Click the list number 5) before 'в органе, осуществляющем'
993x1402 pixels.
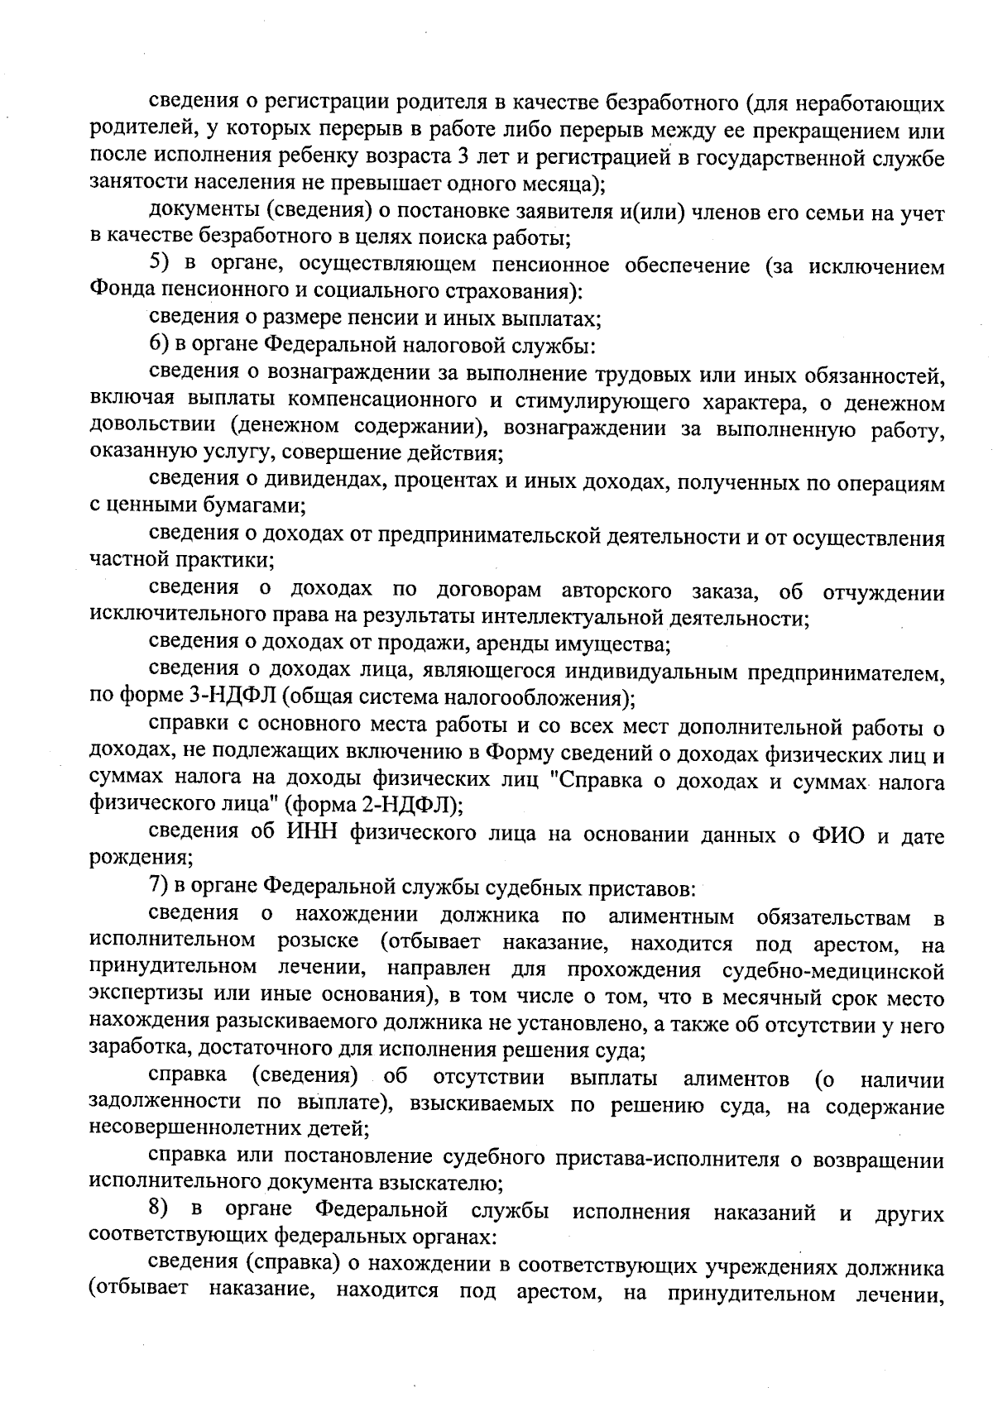click(x=159, y=266)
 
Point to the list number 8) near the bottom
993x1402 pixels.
click(x=159, y=1211)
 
